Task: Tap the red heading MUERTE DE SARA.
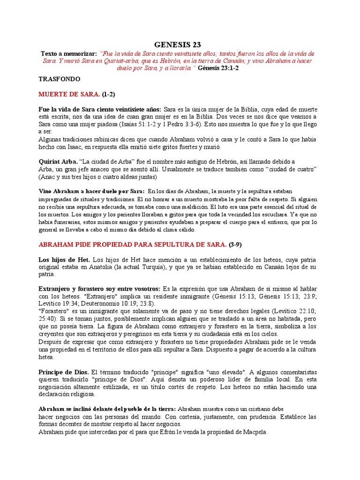69,94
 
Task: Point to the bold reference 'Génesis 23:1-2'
218,68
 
